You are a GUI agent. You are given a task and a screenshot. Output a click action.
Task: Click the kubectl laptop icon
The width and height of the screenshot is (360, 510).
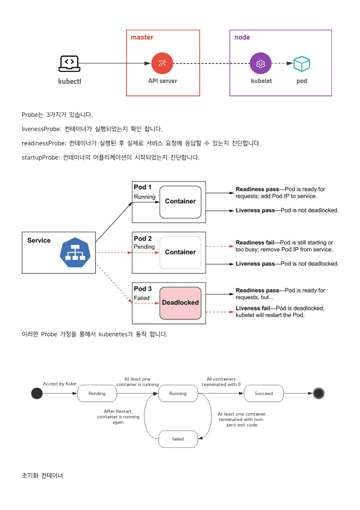[x=69, y=64]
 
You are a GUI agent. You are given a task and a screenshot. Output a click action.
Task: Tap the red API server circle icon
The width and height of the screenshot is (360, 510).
[x=162, y=63]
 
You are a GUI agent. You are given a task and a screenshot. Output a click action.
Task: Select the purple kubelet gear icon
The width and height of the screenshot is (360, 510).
[x=261, y=63]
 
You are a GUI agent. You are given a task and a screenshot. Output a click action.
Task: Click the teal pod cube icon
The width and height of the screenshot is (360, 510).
[x=301, y=64]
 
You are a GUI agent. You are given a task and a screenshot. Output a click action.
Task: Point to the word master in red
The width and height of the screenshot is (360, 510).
[x=142, y=37]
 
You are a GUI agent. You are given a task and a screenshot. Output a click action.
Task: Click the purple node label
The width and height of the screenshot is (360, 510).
[x=242, y=37]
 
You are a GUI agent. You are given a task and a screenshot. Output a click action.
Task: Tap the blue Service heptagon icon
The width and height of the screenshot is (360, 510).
[x=75, y=253]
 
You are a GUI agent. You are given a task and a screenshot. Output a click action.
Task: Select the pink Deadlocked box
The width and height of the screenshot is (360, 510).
[x=181, y=303]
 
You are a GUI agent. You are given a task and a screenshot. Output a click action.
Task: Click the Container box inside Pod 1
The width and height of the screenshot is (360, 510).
[x=181, y=202]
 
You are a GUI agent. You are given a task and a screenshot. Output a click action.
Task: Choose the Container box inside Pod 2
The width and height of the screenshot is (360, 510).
[x=181, y=253]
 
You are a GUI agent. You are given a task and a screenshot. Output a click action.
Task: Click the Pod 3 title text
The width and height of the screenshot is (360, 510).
[x=143, y=289]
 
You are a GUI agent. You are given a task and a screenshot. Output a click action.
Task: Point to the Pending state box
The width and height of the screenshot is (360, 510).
[x=97, y=394]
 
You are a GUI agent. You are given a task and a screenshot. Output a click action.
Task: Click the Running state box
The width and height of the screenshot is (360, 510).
[x=178, y=394]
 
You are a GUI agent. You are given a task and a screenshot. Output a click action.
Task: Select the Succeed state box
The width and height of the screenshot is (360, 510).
[x=264, y=394]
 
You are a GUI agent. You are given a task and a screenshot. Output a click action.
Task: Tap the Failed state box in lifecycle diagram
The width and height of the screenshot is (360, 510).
[x=178, y=439]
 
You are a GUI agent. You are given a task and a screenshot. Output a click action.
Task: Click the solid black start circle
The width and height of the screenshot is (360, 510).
[x=37, y=393]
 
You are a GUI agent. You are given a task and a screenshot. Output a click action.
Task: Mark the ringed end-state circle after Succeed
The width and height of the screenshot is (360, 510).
[x=319, y=393]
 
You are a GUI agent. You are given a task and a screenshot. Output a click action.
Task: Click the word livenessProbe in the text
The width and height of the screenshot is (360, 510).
[x=41, y=129]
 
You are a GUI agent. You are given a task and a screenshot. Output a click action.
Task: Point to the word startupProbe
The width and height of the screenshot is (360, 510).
[x=41, y=158]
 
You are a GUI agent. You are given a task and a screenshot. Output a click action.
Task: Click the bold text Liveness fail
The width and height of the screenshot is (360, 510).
[x=253, y=308]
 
